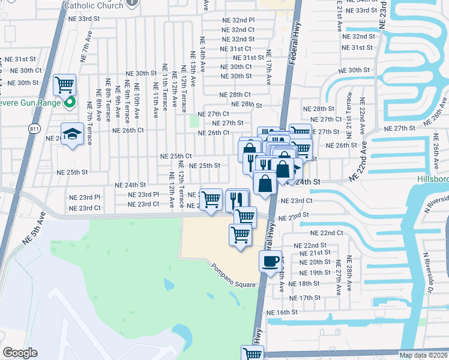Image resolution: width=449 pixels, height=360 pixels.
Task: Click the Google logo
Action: tap(20, 353)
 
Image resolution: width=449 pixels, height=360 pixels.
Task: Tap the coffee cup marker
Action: tap(269, 261)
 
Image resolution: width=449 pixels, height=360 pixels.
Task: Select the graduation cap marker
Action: tap(72, 134)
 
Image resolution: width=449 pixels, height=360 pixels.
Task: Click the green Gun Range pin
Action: tap(69, 103)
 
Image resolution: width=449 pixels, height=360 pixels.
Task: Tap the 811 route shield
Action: tap(34, 128)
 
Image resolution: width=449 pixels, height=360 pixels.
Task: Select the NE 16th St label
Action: tap(282, 312)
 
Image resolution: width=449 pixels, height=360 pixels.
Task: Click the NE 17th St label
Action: tap(304, 298)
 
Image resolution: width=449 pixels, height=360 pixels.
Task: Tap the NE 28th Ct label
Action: tap(235, 95)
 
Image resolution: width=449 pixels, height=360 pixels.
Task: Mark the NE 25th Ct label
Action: tap(176, 156)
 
